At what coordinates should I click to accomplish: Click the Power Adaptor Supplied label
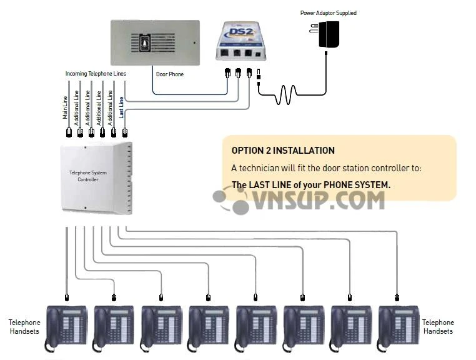click(328, 12)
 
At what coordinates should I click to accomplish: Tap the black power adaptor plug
click(329, 34)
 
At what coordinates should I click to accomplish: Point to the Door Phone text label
click(169, 74)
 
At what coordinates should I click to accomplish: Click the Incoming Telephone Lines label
click(96, 74)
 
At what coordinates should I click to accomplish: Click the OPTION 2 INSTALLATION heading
click(283, 151)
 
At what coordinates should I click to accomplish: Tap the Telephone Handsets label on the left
click(24, 327)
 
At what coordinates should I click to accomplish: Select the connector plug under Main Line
click(69, 132)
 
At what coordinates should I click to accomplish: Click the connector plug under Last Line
click(124, 132)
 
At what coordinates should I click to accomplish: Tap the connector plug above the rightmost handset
click(397, 297)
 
